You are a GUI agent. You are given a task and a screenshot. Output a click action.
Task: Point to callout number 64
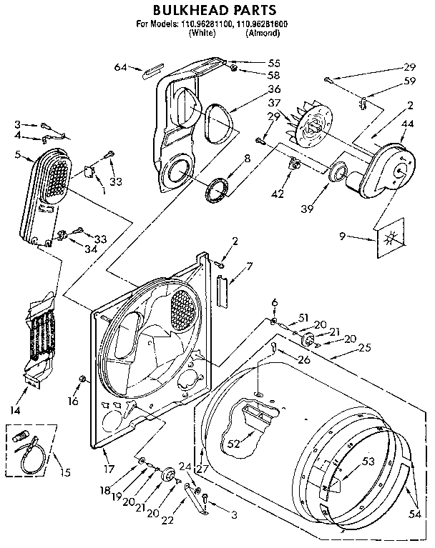tap(119, 67)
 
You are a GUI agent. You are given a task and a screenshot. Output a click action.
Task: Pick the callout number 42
tap(278, 193)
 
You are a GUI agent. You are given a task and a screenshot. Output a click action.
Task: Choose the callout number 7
tap(248, 266)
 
